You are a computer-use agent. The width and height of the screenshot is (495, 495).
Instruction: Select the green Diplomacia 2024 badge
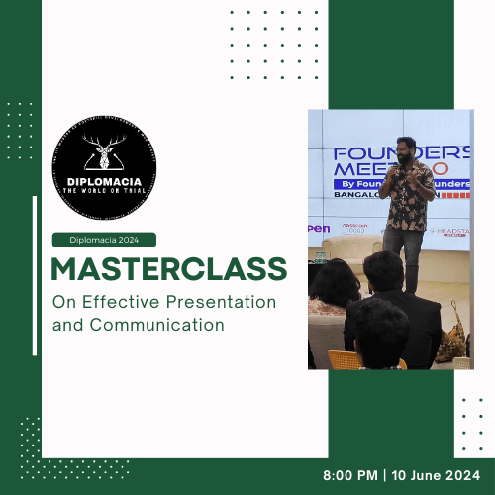[104, 239]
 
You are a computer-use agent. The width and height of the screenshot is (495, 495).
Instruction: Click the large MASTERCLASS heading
[169, 268]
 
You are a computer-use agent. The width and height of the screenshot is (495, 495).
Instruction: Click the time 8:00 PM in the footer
[353, 475]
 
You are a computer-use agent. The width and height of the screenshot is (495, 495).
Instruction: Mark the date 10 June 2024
[441, 475]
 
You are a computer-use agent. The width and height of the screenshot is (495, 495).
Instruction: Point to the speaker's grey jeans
[403, 252]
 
